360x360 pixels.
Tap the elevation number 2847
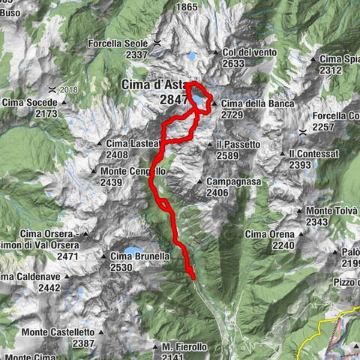click(x=173, y=99)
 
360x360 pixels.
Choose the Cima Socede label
click(x=30, y=103)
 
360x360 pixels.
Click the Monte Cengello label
click(x=132, y=171)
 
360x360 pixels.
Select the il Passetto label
click(x=238, y=144)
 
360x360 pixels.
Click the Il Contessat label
click(x=314, y=153)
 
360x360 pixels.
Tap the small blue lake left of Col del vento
click(x=192, y=55)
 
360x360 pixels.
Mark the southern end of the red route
click(x=193, y=278)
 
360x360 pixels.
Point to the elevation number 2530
click(x=121, y=267)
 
